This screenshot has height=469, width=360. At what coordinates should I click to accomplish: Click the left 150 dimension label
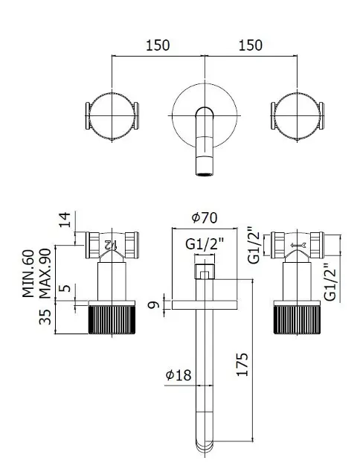[158, 45]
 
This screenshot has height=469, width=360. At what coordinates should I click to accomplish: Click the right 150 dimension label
[251, 45]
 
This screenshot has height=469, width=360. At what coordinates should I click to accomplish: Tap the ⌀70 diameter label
[205, 217]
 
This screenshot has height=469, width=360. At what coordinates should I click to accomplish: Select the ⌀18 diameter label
[179, 374]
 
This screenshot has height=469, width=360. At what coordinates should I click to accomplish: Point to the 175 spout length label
[242, 364]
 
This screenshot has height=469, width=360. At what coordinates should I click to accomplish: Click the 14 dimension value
[65, 220]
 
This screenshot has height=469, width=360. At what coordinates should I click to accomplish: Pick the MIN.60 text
[28, 273]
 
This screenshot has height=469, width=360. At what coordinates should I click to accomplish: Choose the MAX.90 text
[45, 273]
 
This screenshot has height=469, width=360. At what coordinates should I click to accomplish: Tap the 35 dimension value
[45, 317]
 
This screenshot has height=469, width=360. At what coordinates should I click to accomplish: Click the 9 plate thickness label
[154, 305]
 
